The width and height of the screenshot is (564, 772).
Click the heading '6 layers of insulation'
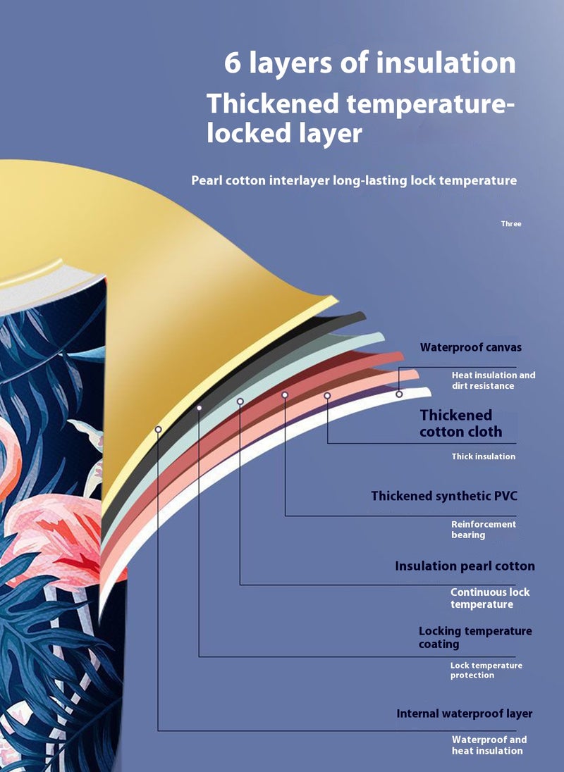[x=369, y=63]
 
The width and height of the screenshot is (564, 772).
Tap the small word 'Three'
[x=511, y=224]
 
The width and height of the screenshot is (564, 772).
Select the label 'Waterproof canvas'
[x=471, y=347]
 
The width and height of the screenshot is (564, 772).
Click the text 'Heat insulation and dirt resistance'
[x=493, y=380]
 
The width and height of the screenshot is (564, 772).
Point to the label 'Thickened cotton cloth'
[x=461, y=423]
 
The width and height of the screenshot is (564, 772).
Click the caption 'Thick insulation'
[x=484, y=456]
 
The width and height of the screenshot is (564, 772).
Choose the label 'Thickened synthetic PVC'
[x=444, y=497]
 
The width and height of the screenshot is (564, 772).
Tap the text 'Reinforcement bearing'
[x=484, y=530]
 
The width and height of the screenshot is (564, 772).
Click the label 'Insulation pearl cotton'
[x=465, y=566]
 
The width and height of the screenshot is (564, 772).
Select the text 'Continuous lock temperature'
[x=490, y=598]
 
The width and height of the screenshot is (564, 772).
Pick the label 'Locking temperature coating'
[x=475, y=637]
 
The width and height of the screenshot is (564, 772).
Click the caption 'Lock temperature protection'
[x=486, y=671]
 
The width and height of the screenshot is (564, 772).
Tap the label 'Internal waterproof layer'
[x=464, y=714]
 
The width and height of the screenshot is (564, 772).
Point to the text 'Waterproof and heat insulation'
[x=489, y=745]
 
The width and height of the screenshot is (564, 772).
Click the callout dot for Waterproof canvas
[x=399, y=394]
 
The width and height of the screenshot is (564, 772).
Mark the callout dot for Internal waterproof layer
[x=159, y=429]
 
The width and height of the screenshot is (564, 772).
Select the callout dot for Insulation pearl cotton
[x=240, y=401]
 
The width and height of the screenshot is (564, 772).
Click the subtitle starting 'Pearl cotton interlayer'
[x=354, y=181]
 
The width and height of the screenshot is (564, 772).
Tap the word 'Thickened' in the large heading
[x=272, y=104]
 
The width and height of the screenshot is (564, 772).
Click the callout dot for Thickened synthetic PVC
[x=286, y=395]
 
